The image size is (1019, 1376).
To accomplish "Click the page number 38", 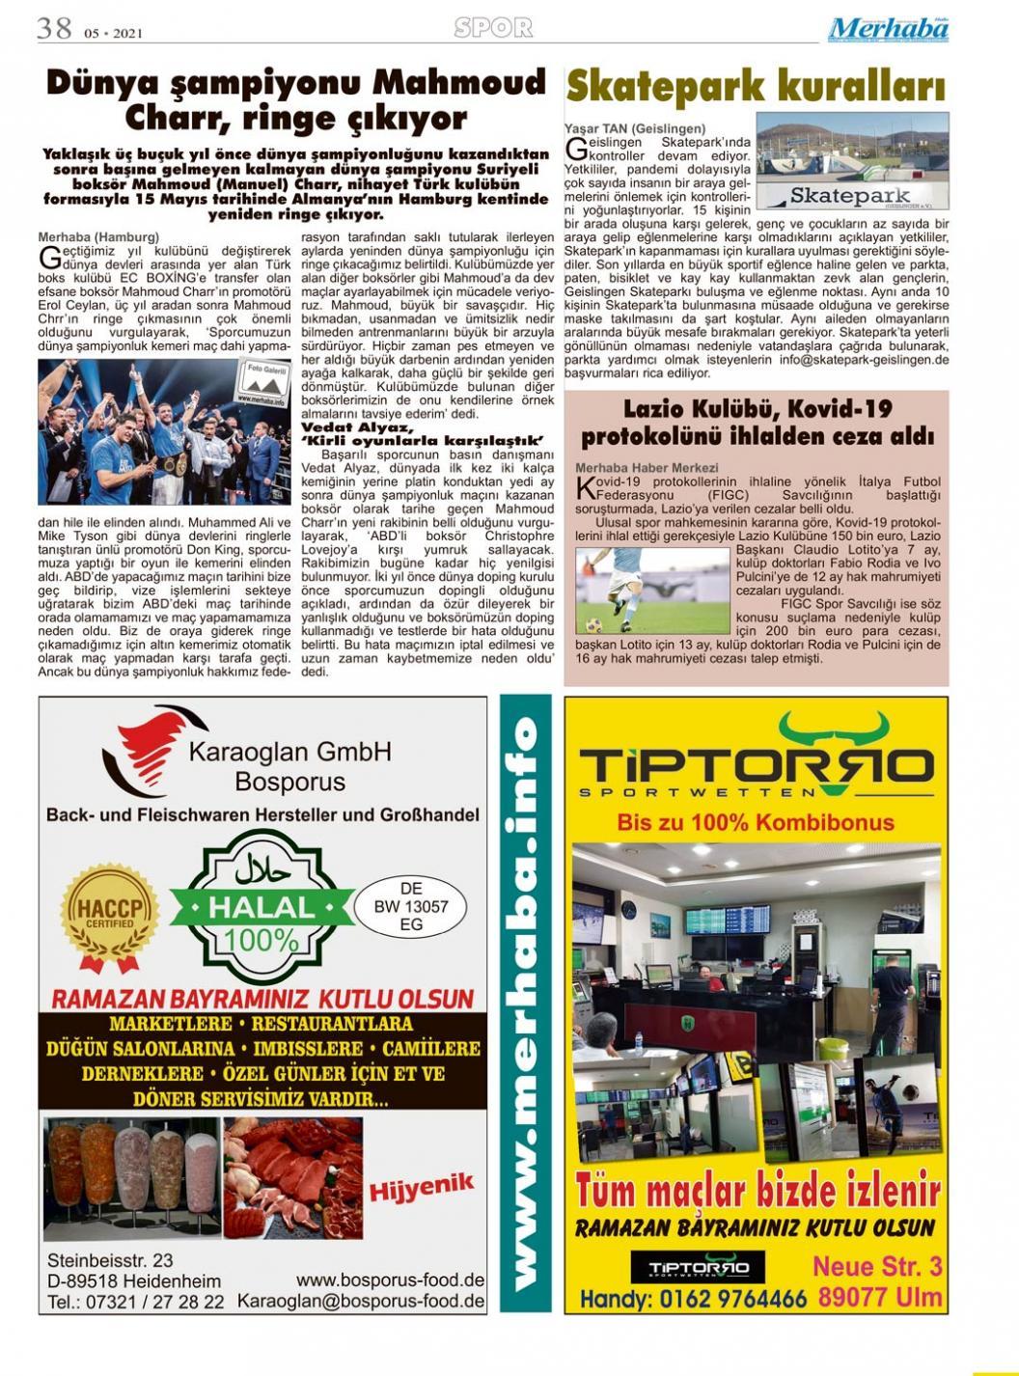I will pyautogui.click(x=54, y=28).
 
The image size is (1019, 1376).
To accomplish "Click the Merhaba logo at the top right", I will pyautogui.click(x=888, y=30).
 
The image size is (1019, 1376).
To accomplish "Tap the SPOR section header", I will pyautogui.click(x=493, y=29).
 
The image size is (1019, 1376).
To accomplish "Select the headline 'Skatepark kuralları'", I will pyautogui.click(x=755, y=87).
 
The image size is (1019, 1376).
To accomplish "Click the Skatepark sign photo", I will pyautogui.click(x=851, y=161).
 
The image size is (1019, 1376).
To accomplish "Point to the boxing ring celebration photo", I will pyautogui.click(x=164, y=431).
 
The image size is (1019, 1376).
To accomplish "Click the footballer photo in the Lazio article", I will pyautogui.click(x=652, y=591).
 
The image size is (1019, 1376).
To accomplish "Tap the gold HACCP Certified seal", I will pyautogui.click(x=109, y=915).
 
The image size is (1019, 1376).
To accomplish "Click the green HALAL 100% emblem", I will pyautogui.click(x=261, y=908).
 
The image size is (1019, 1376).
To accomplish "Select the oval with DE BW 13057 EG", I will pyautogui.click(x=411, y=907).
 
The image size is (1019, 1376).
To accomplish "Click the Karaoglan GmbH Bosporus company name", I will pyautogui.click(x=289, y=765).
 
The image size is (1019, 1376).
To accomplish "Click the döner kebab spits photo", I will pyautogui.click(x=132, y=1178).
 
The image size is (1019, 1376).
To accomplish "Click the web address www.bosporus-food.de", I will pyautogui.click(x=390, y=1280).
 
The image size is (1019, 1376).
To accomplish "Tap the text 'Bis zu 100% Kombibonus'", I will pyautogui.click(x=756, y=823).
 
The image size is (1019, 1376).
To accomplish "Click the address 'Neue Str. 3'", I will pyautogui.click(x=876, y=1266).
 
